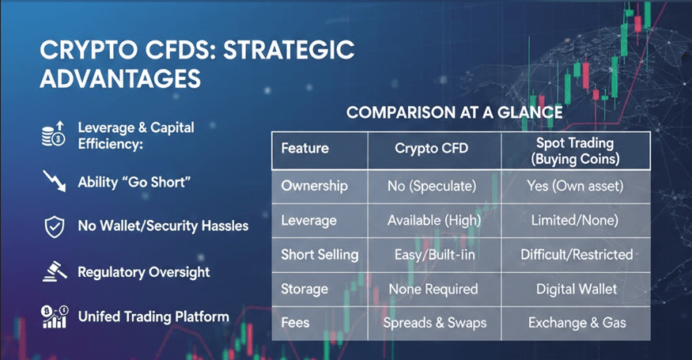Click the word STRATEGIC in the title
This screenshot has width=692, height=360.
point(289,50)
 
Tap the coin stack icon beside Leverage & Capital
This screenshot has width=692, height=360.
point(54,135)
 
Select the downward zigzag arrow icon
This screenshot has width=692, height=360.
point(55,180)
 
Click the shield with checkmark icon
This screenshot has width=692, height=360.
point(55,227)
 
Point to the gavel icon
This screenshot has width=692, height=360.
point(55,271)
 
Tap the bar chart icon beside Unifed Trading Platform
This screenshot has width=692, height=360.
point(55,316)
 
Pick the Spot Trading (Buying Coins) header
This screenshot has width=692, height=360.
point(575,151)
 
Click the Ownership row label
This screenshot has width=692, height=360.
point(314,186)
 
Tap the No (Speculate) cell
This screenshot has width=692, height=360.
point(432,186)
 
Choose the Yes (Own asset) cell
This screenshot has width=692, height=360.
point(575,186)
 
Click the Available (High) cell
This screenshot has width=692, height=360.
point(434,220)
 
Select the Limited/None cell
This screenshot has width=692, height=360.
point(575,220)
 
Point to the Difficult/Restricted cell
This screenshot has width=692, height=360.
point(577,255)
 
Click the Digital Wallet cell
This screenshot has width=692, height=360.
point(577,289)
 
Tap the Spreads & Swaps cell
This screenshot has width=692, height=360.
point(435,323)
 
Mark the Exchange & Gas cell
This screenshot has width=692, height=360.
point(577,323)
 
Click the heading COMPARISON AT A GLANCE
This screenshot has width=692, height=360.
point(455,112)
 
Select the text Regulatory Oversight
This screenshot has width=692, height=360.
point(144,272)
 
